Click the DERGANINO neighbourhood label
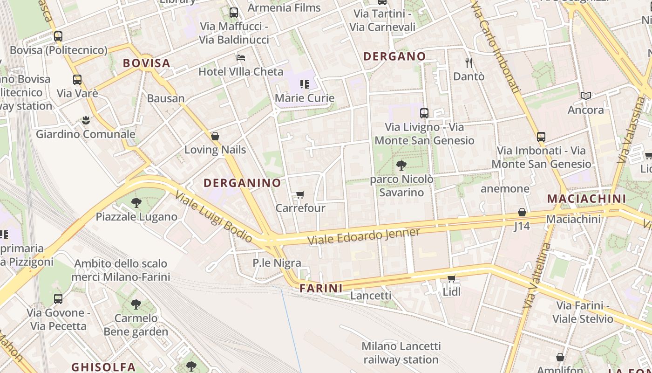point(242,183)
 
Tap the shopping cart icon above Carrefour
point(300,194)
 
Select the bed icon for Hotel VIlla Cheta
point(241,58)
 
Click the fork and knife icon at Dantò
point(469,62)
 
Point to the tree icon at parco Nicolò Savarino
point(401,165)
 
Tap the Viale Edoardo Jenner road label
point(364,236)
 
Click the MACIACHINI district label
point(586,199)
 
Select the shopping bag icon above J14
point(522,212)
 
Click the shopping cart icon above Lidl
point(451,279)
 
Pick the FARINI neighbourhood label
point(321,288)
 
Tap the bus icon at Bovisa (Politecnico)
point(58,36)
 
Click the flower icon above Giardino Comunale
point(86,120)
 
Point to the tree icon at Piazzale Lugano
point(136,203)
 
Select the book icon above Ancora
point(585,96)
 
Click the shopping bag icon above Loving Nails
point(215,136)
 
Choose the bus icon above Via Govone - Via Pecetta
point(58,298)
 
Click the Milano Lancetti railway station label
point(401,353)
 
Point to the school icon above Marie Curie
point(305,84)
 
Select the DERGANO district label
point(394,56)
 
